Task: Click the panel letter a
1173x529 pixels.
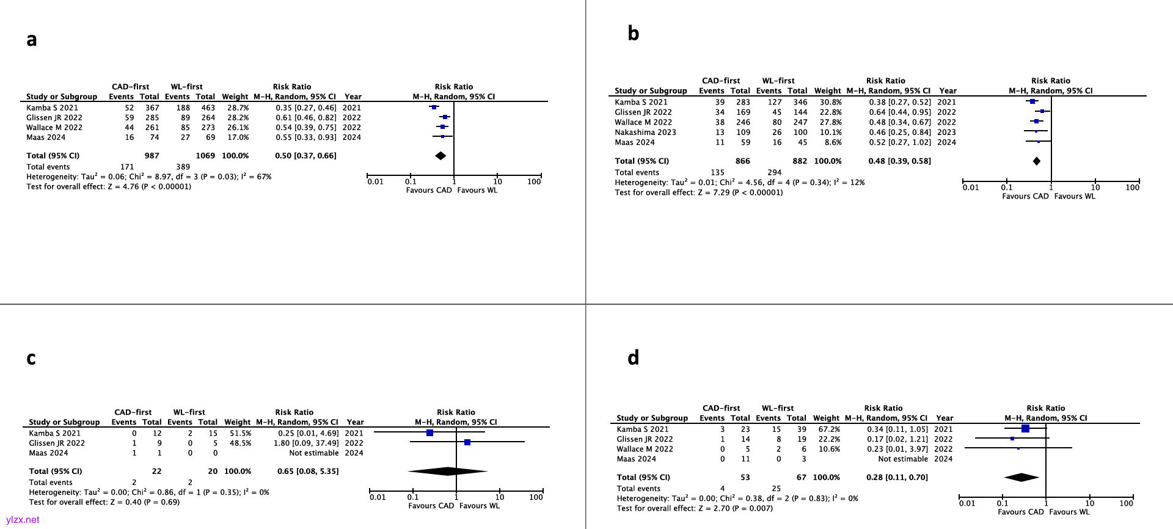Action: coord(32,40)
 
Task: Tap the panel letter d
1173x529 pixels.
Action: coord(634,357)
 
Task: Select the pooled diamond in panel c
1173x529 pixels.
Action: coord(448,471)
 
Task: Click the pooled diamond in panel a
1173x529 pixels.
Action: coord(440,156)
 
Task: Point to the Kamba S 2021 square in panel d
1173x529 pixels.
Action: coord(1025,429)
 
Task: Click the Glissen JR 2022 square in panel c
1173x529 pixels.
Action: coord(467,442)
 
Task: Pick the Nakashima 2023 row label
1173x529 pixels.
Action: coord(645,132)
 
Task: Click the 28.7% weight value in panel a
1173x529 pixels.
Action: coord(238,108)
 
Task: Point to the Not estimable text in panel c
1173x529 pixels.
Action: coord(313,453)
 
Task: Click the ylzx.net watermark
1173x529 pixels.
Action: coord(23,520)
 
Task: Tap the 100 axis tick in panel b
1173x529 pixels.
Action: coord(1132,188)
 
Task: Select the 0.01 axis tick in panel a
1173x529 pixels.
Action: coord(375,181)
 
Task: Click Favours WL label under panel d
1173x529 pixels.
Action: coord(1069,512)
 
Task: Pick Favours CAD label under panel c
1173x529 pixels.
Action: coord(431,506)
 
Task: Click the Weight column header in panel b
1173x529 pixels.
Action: coord(827,90)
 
